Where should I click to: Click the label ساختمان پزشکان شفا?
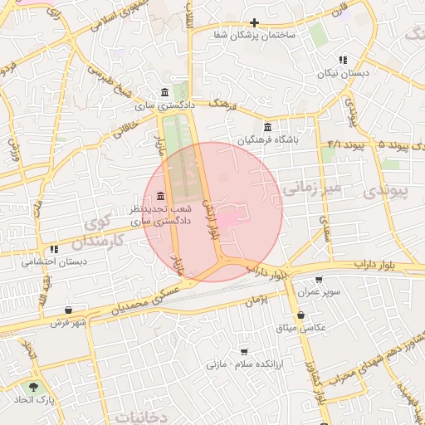point(256,36)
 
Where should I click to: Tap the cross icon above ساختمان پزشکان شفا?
point(255,22)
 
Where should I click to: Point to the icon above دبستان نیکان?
point(342,60)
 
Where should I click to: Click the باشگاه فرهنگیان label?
point(266,140)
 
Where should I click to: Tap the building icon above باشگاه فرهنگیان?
point(266,128)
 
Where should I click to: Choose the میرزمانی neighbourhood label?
point(311,189)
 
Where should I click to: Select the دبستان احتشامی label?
point(55,261)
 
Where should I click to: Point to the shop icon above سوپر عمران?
point(319,280)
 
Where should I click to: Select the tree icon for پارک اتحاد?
point(33,388)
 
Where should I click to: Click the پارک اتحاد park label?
point(33,400)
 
